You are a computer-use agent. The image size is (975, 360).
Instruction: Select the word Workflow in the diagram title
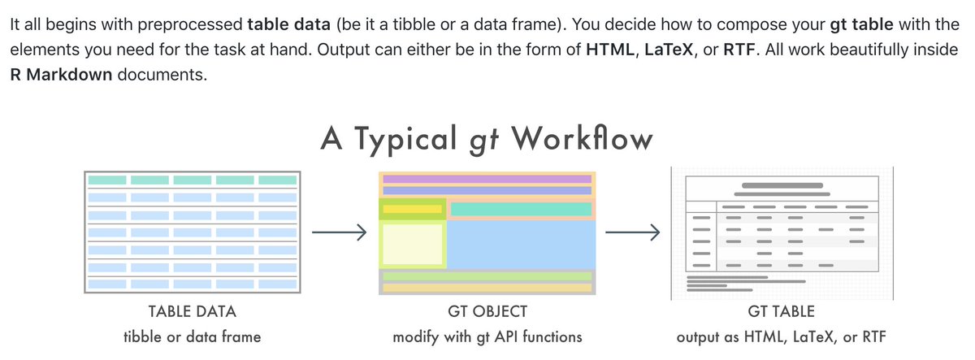click(582, 138)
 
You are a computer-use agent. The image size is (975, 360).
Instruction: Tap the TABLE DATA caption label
click(193, 311)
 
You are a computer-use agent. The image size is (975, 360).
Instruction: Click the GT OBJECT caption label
click(487, 311)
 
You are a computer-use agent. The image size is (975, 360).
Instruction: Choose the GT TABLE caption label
click(780, 311)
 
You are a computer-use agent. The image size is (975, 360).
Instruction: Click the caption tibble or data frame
click(193, 336)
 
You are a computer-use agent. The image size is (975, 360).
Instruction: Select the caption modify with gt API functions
click(487, 336)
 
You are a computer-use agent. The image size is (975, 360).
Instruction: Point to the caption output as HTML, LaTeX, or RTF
click(780, 336)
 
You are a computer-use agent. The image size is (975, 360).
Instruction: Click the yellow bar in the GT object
click(411, 210)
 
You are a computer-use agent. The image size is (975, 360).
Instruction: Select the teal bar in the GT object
click(521, 210)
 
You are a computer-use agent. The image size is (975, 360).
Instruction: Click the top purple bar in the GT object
click(487, 179)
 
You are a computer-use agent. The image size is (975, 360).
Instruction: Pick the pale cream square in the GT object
click(412, 245)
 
